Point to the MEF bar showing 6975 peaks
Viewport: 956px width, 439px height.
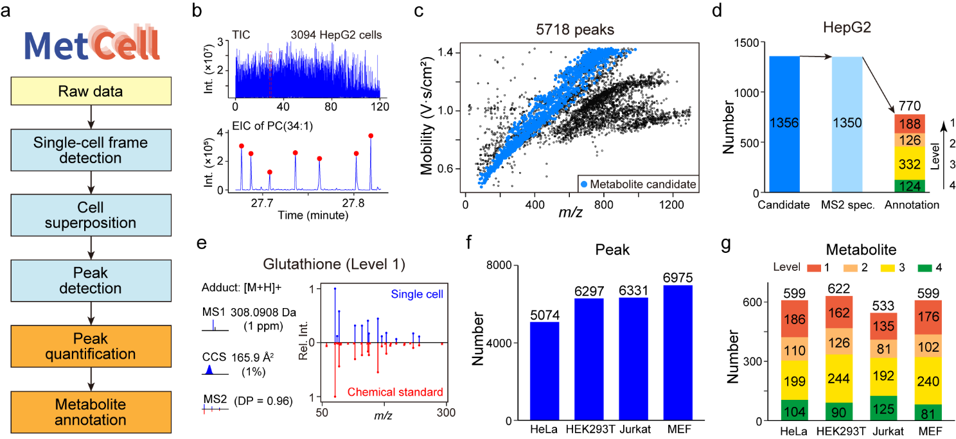click(674, 352)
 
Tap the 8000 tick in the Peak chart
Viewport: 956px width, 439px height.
click(505, 266)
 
